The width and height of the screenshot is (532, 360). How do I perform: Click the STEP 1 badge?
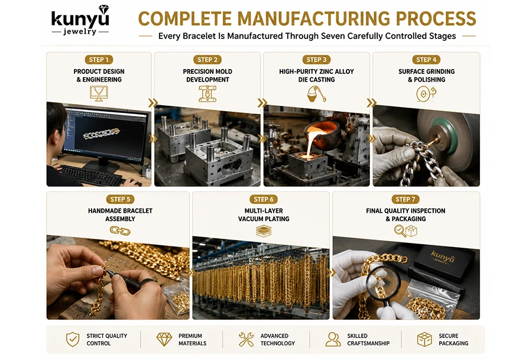pos(99,60)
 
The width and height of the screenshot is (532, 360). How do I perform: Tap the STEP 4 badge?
pos(426,60)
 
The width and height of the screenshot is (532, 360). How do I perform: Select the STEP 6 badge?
pos(264,199)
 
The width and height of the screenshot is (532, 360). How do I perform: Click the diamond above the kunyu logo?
pos(103,9)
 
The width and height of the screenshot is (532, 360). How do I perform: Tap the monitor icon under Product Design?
pos(99,93)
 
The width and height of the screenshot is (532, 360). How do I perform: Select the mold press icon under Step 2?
pos(207,93)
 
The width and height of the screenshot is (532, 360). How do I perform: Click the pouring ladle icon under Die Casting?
pos(317,93)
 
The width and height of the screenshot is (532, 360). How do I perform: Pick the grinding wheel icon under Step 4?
pos(426,93)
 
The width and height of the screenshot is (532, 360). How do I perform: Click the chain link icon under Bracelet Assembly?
pos(120,231)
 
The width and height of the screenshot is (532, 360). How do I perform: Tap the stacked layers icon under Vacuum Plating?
pos(264,231)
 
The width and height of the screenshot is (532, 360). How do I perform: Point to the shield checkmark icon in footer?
pos(73,339)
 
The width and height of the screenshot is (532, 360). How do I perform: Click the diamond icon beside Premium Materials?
pos(164,339)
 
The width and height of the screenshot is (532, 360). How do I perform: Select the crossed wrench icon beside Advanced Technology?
pos(246,339)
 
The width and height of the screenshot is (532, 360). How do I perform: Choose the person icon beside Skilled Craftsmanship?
pos(333,339)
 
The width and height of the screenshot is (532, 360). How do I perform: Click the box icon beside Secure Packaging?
pos(424,339)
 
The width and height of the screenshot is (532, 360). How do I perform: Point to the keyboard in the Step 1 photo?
pos(91,175)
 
